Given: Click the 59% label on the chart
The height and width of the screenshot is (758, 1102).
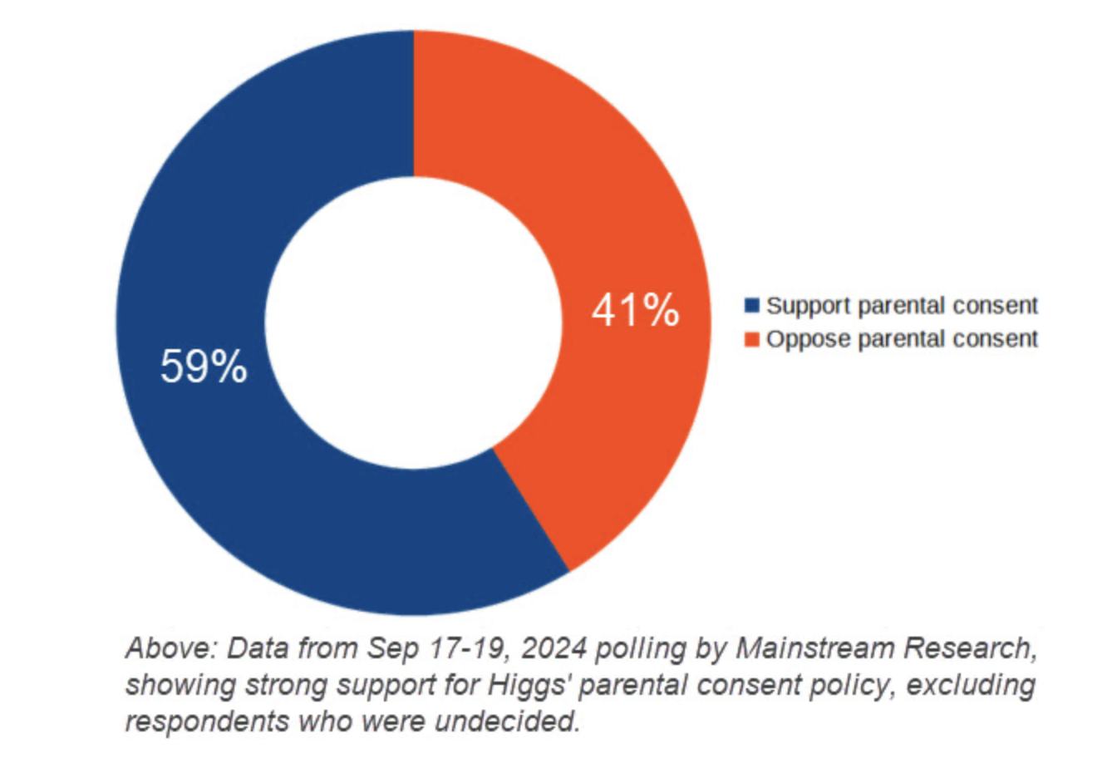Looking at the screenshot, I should coord(204,367).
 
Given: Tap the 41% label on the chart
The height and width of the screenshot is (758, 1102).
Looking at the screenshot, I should coord(635,310).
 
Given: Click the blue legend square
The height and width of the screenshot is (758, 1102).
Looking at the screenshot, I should coord(752,306).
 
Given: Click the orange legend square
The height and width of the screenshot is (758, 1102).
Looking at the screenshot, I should coord(752,339).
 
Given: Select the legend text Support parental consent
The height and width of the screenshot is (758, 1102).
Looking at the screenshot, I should coord(902,306).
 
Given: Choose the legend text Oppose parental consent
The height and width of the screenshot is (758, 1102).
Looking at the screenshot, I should coord(902,339).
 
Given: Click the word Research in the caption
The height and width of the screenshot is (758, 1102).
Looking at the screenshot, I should coord(964,648).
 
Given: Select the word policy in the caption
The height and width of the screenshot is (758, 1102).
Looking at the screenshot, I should coord(848,686).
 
